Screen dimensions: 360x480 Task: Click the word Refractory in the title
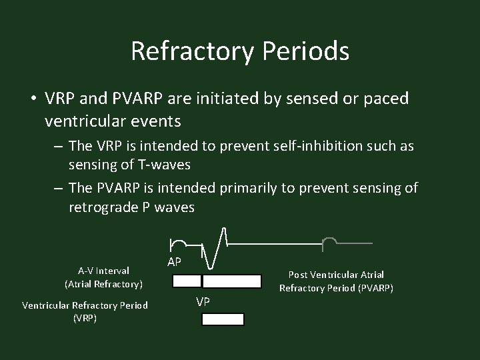pyautogui.click(x=200, y=51)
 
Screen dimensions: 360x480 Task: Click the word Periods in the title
pyautogui.click(x=311, y=51)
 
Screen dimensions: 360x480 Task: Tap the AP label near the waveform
pyautogui.click(x=174, y=262)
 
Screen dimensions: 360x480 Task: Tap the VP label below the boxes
pyautogui.click(x=203, y=302)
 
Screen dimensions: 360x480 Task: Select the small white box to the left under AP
pyautogui.click(x=187, y=281)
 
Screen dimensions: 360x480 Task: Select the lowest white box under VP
pyautogui.click(x=223, y=319)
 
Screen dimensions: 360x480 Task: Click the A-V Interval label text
pyautogui.click(x=103, y=271)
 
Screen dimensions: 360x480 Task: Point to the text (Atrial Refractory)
pyautogui.click(x=103, y=284)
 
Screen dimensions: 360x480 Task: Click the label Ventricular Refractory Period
pyautogui.click(x=85, y=305)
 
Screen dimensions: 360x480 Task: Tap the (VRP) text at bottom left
pyautogui.click(x=85, y=318)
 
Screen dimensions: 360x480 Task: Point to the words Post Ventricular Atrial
pyautogui.click(x=336, y=275)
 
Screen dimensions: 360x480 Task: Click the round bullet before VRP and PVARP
pyautogui.click(x=32, y=98)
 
